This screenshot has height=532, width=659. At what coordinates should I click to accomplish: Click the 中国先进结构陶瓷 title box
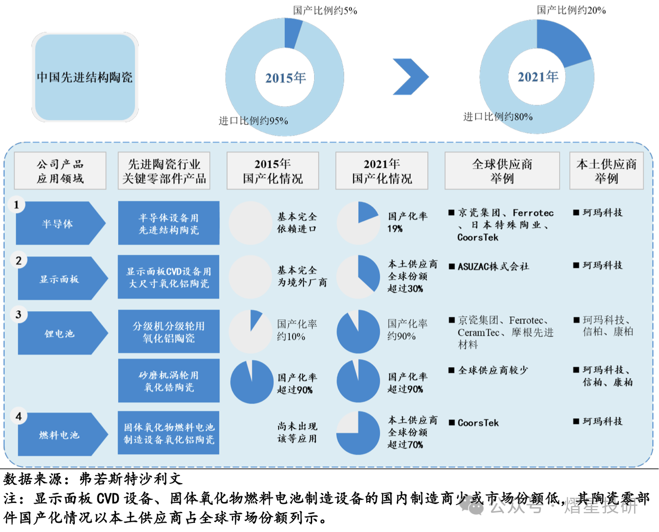tap(85, 77)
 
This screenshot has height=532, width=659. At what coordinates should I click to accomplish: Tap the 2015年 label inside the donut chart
tap(285, 78)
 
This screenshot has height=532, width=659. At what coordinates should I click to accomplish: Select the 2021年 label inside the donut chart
tap(538, 77)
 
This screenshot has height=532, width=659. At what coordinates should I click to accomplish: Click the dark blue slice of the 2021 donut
tap(560, 43)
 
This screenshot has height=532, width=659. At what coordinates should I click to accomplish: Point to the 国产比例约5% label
tap(325, 10)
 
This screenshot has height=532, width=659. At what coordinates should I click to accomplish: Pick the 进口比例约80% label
tap(498, 116)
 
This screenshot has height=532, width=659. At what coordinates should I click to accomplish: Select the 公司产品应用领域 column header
tap(60, 171)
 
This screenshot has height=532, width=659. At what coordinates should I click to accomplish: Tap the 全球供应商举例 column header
tap(502, 171)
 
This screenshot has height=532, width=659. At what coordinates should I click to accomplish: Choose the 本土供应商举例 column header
tap(606, 171)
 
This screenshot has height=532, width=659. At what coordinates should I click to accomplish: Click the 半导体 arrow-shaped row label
tap(59, 224)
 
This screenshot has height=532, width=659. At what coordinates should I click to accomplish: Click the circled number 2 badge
tap(18, 261)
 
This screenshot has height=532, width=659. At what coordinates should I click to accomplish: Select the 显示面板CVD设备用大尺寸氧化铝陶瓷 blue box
tap(169, 277)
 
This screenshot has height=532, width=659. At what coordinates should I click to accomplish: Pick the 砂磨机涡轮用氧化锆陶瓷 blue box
tap(169, 381)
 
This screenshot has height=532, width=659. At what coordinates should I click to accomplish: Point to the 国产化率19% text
tap(407, 222)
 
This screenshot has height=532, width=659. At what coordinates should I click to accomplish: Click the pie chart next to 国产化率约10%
tap(250, 332)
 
